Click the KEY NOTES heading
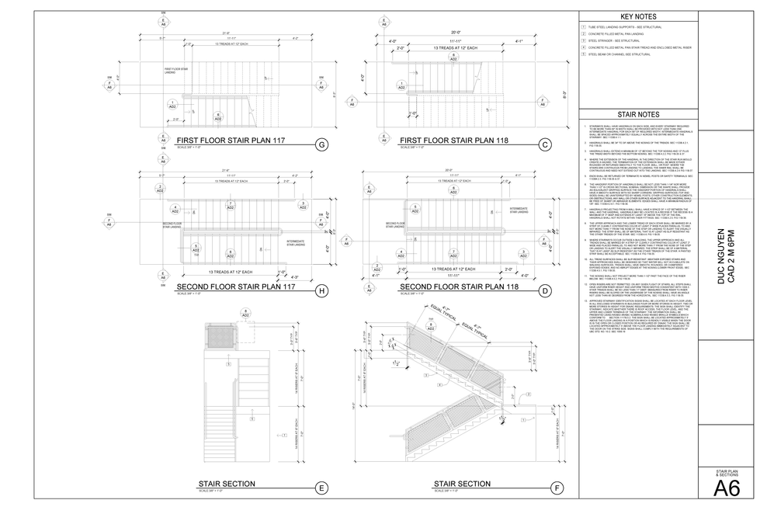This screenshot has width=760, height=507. [638, 17]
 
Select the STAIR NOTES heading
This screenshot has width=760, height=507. [638, 113]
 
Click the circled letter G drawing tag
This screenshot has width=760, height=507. [321, 144]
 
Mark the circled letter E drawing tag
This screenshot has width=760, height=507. [321, 488]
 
